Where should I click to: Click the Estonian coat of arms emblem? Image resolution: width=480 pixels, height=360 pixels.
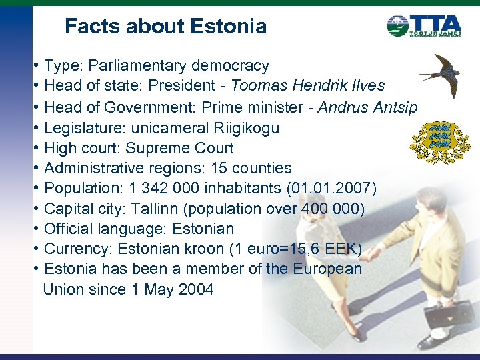(x=439, y=142)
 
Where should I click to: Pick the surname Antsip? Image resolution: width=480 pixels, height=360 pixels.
(x=391, y=107)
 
